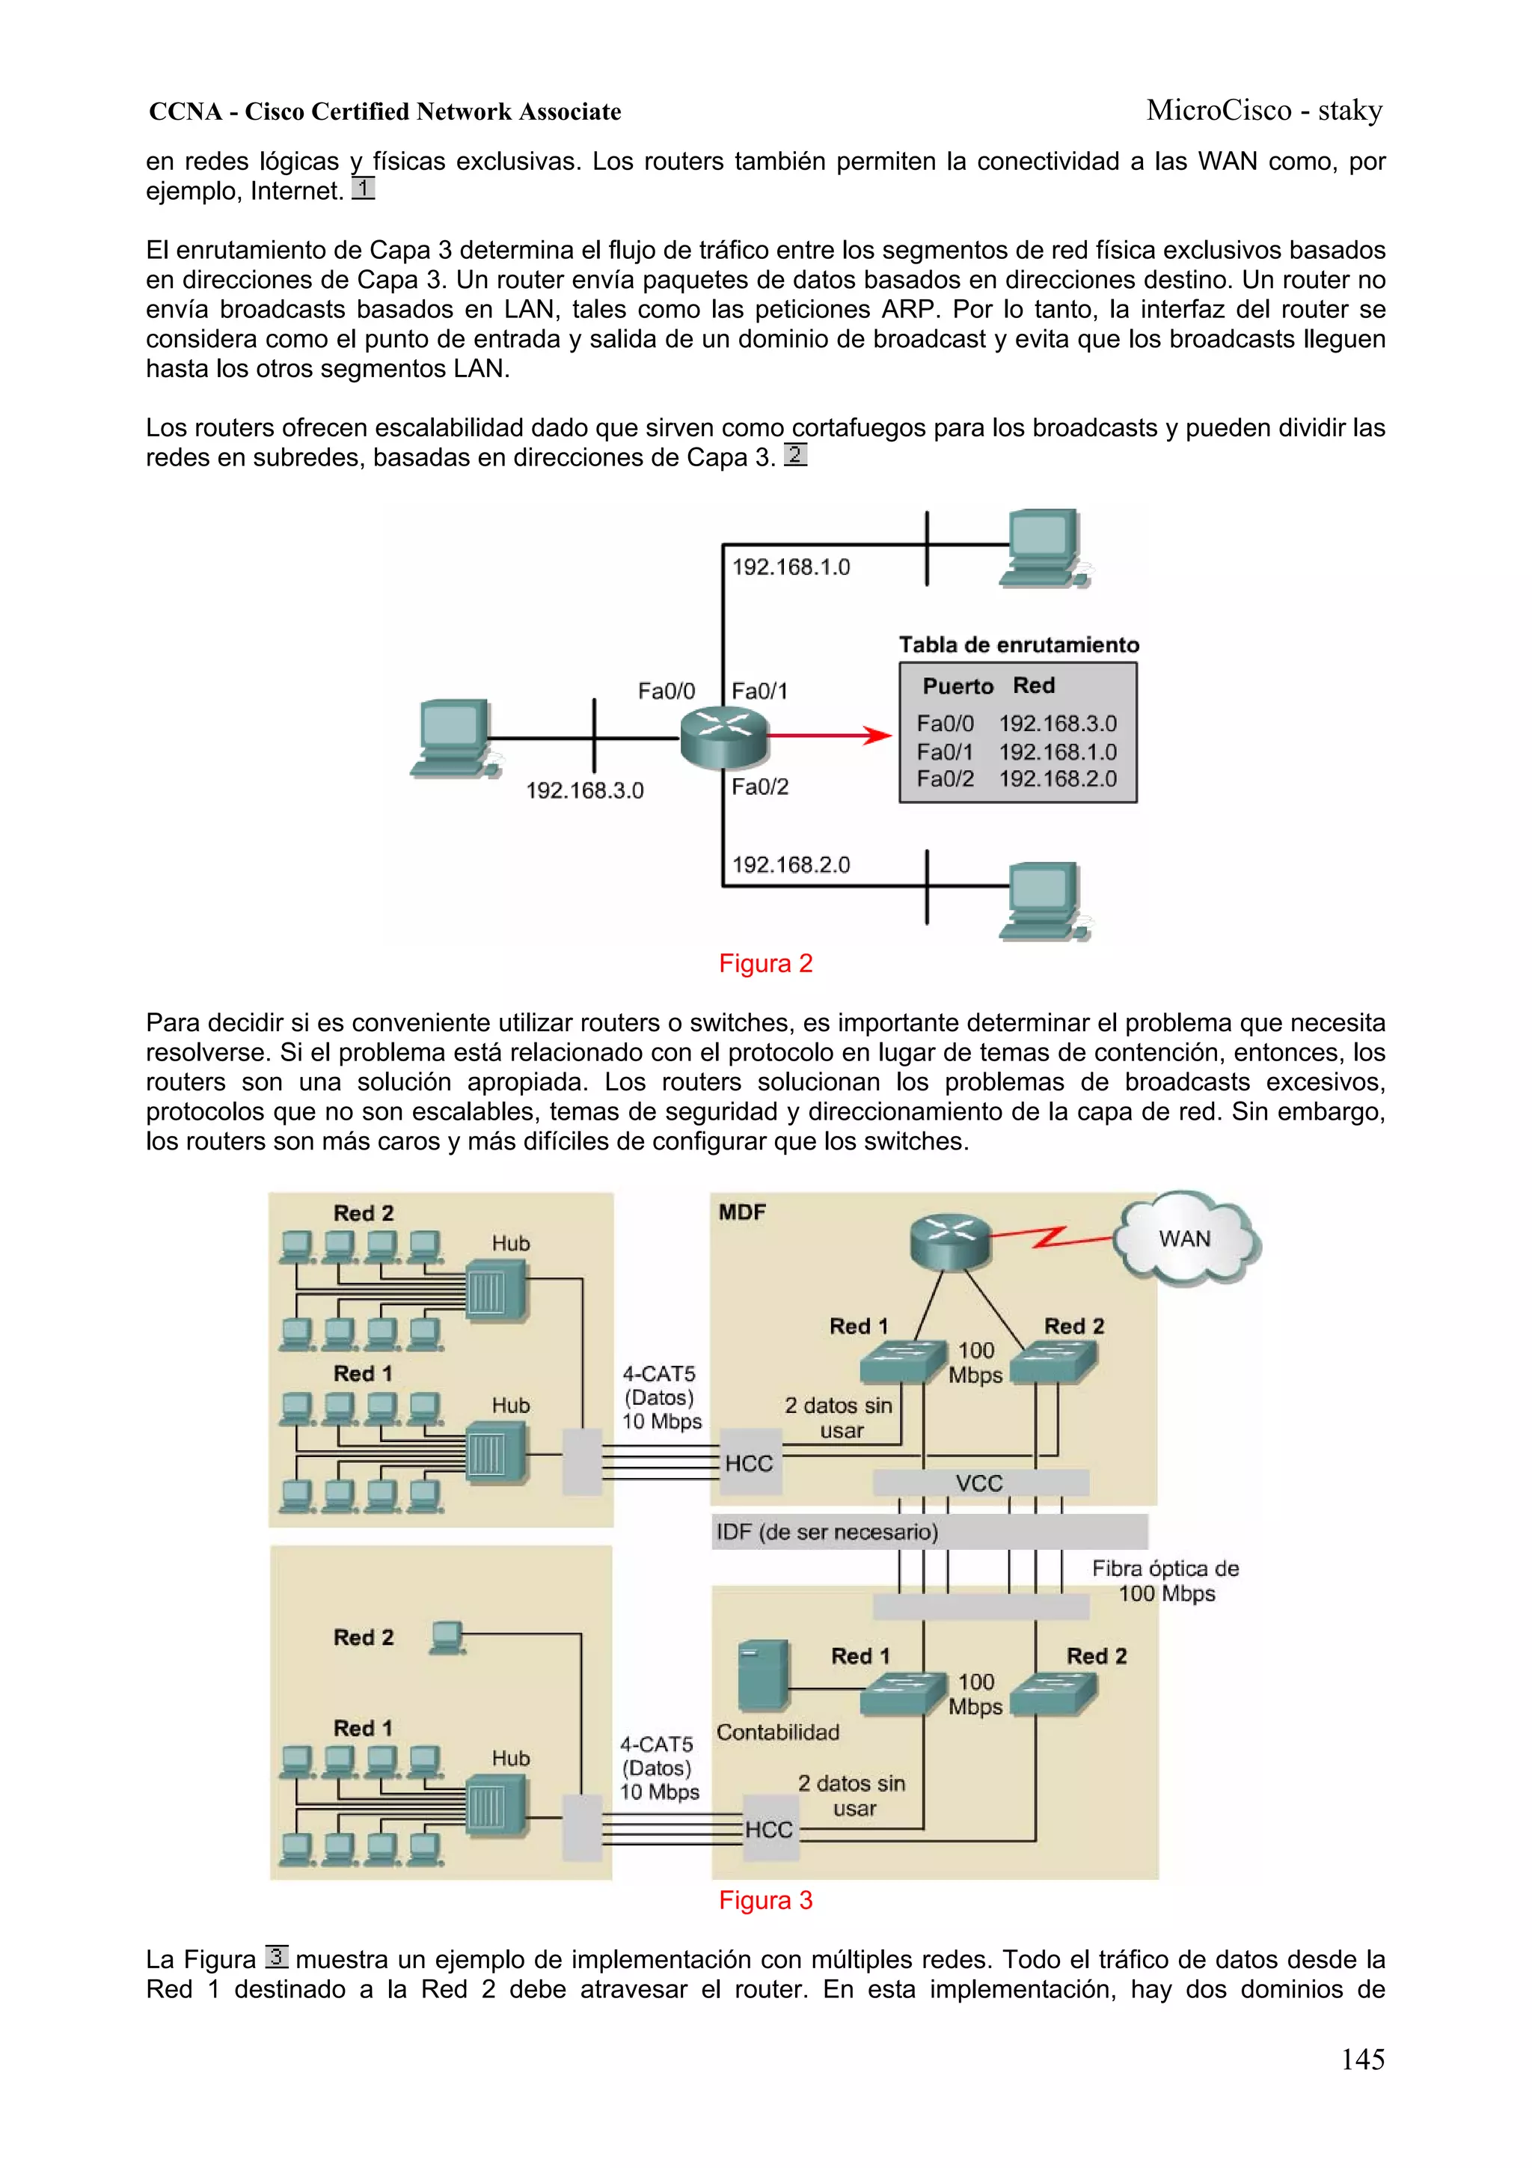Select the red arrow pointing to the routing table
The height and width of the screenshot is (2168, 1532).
tap(829, 735)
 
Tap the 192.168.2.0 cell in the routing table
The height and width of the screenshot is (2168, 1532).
tap(1057, 779)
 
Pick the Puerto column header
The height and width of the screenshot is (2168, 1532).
tap(957, 685)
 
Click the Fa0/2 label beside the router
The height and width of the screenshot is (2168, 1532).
tap(760, 787)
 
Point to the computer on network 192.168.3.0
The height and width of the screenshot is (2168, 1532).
tap(454, 737)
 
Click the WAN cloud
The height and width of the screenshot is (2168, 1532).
tap(1186, 1238)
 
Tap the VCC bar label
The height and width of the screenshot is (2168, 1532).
tap(979, 1483)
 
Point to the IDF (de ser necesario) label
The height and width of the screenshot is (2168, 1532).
tap(827, 1532)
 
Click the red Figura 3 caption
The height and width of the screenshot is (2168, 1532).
tap(765, 1900)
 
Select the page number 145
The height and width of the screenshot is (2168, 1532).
tap(1362, 2059)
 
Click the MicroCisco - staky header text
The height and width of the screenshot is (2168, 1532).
tap(1264, 111)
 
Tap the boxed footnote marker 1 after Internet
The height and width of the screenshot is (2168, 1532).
tap(364, 188)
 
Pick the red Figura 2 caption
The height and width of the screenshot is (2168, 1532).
tap(765, 963)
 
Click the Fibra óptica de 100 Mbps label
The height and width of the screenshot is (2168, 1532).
tap(1165, 1581)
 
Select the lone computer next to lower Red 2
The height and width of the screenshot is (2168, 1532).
tap(447, 1637)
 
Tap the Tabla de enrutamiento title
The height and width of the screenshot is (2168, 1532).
tap(1019, 645)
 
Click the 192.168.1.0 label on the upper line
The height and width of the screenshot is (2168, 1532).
tap(791, 567)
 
